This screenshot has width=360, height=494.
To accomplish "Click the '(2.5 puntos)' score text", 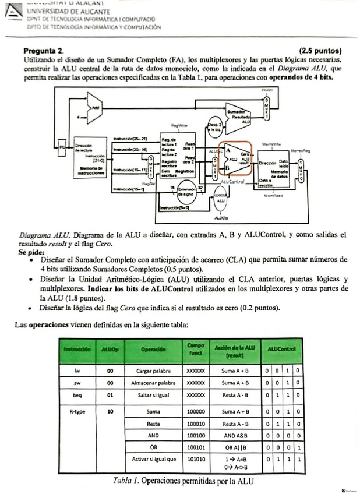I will tap(320, 51).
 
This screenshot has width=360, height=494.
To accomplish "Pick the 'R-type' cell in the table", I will tap(77, 411).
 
